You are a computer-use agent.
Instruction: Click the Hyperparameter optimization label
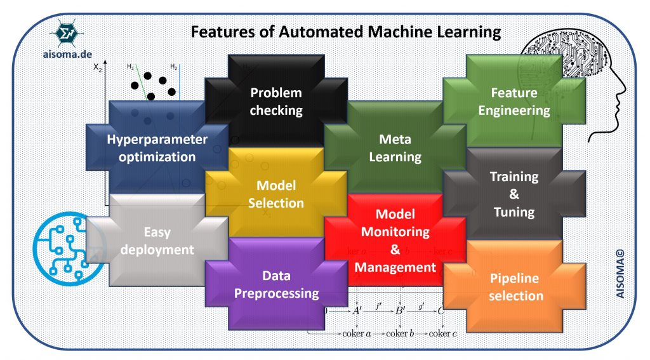[x=157, y=148]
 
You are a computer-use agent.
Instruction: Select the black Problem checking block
[x=275, y=102]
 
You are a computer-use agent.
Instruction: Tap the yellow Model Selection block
[x=275, y=194]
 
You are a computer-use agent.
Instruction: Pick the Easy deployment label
[x=157, y=241]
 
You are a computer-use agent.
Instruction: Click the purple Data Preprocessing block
[x=275, y=284]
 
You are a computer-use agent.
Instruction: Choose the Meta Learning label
[x=395, y=148]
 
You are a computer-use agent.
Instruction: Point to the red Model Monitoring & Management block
[x=395, y=241]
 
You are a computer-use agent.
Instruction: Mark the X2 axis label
[x=97, y=69]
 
